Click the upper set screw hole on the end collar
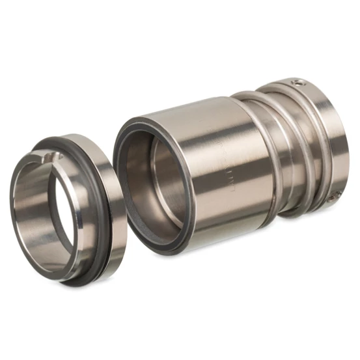pyautogui.click(x=298, y=83)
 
